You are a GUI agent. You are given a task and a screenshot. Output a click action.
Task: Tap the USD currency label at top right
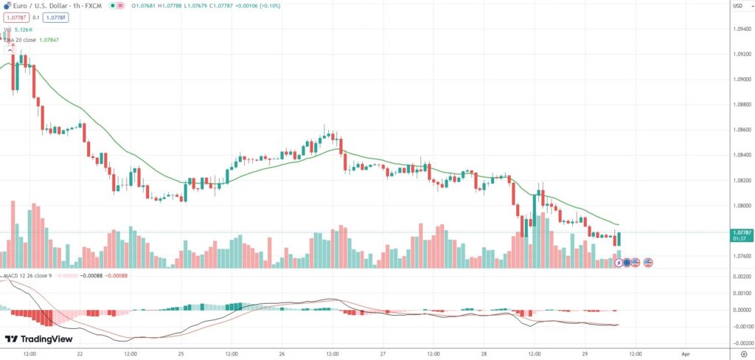pyautogui.click(x=737, y=6)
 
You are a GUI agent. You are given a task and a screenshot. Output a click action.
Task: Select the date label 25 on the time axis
pyautogui.click(x=180, y=353)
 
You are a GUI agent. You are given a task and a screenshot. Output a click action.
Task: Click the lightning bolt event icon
pyautogui.click(x=618, y=262)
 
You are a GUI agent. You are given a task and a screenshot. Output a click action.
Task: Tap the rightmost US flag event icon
pyautogui.click(x=648, y=262)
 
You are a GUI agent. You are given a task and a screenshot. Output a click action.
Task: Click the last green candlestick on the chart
pyautogui.click(x=619, y=239)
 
